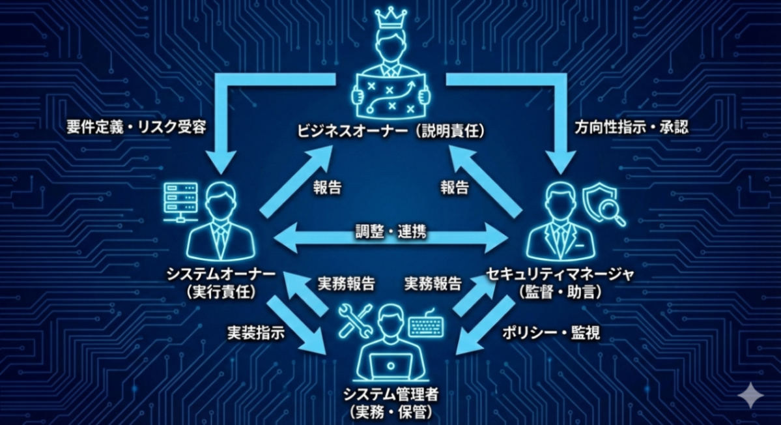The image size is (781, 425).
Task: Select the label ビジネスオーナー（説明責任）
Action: tap(390, 132)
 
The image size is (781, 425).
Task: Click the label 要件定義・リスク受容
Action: tap(136, 127)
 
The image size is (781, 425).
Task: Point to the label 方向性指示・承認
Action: tap(631, 127)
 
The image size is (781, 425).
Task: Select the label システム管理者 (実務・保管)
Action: tap(390, 402)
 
